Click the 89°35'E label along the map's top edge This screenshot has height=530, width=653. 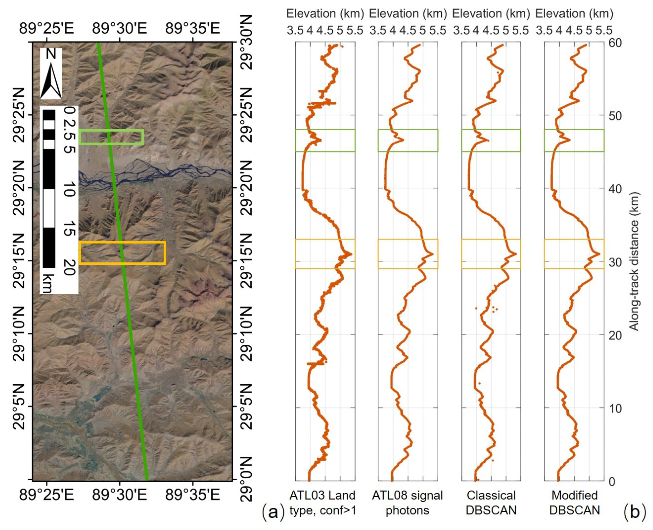click(193, 29)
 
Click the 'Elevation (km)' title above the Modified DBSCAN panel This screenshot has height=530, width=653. click(574, 14)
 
